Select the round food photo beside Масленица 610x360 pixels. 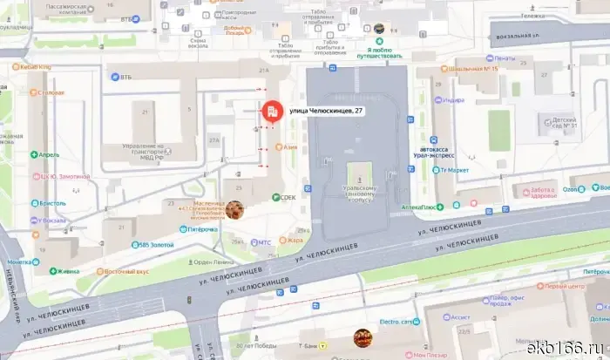pyautogui.click(x=234, y=209)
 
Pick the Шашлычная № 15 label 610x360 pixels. pyautogui.click(x=473, y=69)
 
